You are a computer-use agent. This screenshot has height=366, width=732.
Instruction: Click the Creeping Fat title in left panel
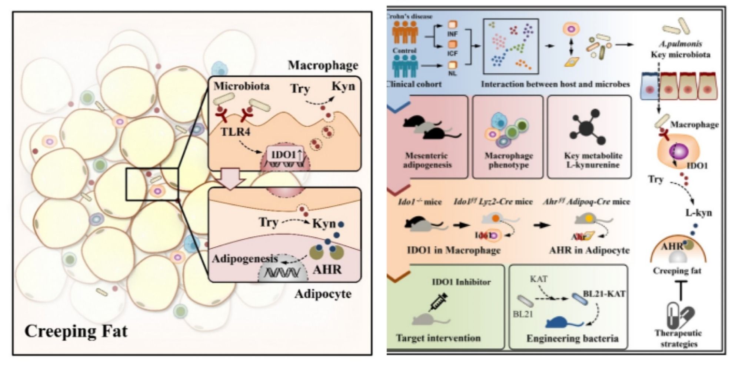click(x=76, y=331)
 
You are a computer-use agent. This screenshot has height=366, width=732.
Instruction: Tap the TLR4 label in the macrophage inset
click(x=235, y=132)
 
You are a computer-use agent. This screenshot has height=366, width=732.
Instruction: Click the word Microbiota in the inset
click(x=241, y=86)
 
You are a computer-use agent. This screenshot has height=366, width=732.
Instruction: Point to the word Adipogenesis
click(x=244, y=258)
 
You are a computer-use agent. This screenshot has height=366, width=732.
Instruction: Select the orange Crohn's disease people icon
click(x=405, y=32)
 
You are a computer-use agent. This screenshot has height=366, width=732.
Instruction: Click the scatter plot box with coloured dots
click(x=511, y=46)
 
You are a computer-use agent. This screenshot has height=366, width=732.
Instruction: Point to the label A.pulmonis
click(x=680, y=44)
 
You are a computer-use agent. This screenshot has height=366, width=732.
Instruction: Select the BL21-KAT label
click(x=604, y=294)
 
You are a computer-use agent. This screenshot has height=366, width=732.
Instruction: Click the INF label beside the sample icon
click(x=452, y=34)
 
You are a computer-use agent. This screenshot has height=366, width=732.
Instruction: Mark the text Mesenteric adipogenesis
click(x=427, y=160)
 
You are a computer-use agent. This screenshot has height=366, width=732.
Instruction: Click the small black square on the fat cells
click(x=152, y=184)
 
